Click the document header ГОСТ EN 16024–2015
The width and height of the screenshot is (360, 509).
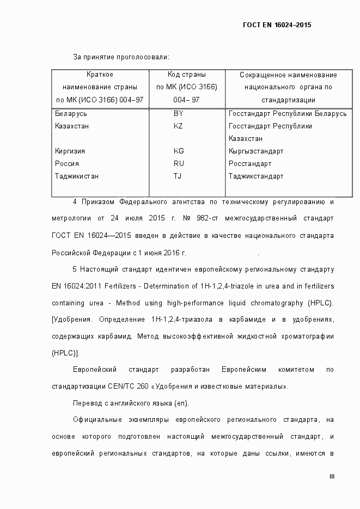coord(276,25)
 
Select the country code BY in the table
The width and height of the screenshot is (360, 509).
coord(178,114)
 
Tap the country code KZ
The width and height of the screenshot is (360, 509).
coord(178,126)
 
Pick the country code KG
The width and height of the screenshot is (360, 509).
coord(179,151)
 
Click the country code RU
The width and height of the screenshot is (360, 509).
coord(179,164)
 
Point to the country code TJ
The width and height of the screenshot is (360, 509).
coord(178,176)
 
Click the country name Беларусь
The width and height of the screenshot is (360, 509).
coord(71,114)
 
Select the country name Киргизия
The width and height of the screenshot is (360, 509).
coord(70,151)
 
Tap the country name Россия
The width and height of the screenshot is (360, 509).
coord(67,164)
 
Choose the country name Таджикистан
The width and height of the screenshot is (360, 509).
coord(77,176)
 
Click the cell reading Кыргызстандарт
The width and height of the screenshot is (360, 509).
coord(256,151)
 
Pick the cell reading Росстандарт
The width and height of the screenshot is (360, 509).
coord(250,164)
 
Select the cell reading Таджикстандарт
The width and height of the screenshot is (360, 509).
coord(256,176)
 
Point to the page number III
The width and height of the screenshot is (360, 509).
coord(332,477)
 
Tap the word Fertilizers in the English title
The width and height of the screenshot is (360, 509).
coord(109,286)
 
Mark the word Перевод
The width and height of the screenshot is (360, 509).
coord(87,403)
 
